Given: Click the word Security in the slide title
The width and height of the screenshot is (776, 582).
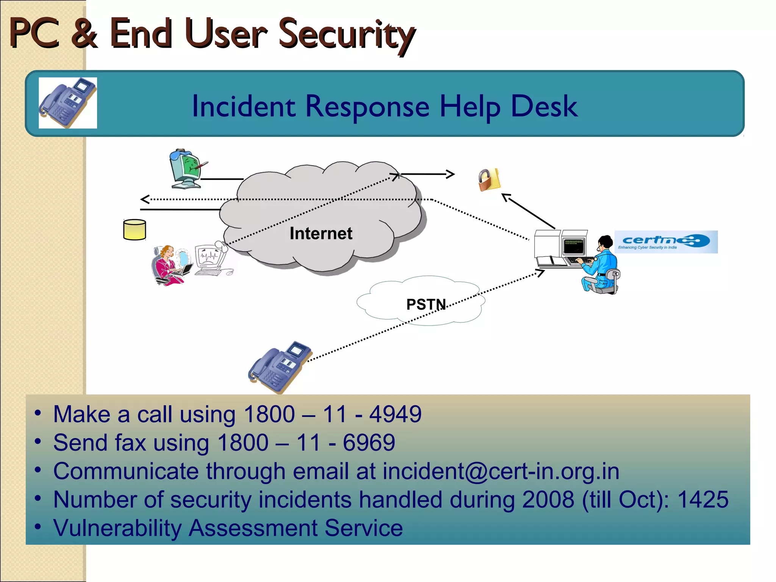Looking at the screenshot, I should [x=347, y=35].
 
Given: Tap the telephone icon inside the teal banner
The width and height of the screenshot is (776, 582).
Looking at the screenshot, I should [x=68, y=103].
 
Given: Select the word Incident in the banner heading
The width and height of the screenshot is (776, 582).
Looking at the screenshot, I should [x=244, y=106].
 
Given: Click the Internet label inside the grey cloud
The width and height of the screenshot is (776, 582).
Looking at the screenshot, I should [x=321, y=233].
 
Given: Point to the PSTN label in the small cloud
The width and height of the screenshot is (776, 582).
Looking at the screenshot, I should [x=426, y=304].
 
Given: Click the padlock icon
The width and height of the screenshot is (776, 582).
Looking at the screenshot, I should [x=489, y=180].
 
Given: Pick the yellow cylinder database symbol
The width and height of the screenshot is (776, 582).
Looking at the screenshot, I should [x=135, y=230].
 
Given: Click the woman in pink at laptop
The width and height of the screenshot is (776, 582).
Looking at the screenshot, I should [x=169, y=265].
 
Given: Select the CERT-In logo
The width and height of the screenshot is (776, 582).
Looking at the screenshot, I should [x=666, y=242].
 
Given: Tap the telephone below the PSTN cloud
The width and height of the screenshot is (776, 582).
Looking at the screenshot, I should [x=279, y=367].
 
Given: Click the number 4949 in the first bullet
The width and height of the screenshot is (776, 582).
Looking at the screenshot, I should [x=395, y=414].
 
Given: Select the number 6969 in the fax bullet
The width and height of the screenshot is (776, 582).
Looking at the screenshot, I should [x=369, y=443].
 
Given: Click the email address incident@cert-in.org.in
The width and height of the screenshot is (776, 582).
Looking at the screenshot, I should [x=501, y=471].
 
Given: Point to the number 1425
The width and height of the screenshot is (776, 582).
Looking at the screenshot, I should [x=703, y=499].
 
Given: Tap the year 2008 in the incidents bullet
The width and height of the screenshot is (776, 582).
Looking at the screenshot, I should [x=548, y=499].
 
